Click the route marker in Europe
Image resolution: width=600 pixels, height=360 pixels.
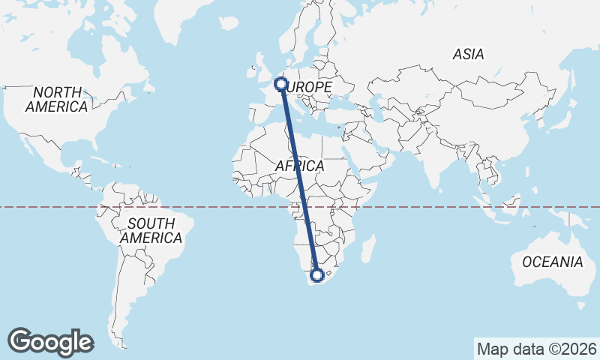click(281, 83)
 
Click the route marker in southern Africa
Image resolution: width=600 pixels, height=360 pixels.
click(317, 275)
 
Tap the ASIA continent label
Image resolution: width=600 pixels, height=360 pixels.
click(469, 54)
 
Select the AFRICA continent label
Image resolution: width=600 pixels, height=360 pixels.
click(299, 166)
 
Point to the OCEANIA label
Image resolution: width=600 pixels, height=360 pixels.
click(553, 262)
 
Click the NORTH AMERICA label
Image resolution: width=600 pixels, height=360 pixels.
click(56, 98)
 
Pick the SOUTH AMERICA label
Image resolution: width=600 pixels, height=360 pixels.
click(151, 230)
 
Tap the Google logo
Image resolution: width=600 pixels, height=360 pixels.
click(50, 342)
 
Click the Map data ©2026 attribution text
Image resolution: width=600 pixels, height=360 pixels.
click(537, 349)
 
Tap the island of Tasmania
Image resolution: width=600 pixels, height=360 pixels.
click(580, 305)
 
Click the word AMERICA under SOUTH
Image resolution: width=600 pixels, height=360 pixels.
click(151, 238)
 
